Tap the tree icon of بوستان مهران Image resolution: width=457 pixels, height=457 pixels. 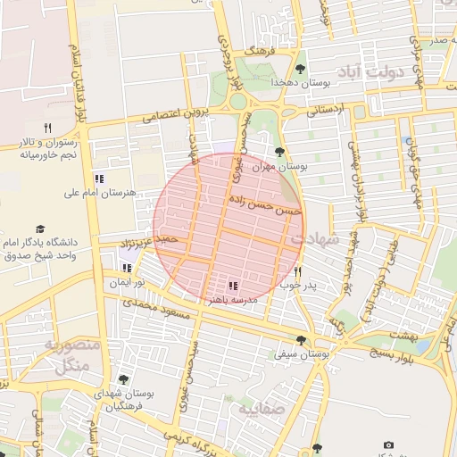pyautogui.click(x=280, y=153)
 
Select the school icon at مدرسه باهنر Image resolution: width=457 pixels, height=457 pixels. pyautogui.click(x=232, y=286)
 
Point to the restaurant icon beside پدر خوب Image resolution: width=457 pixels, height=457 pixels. pyautogui.click(x=298, y=271)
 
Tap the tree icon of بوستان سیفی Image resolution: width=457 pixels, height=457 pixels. pyautogui.click(x=300, y=340)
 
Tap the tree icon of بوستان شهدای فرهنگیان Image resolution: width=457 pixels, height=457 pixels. pyautogui.click(x=123, y=380)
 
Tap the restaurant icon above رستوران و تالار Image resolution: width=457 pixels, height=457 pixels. pyautogui.click(x=48, y=129)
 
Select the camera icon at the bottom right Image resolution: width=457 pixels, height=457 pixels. pyautogui.click(x=388, y=445)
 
